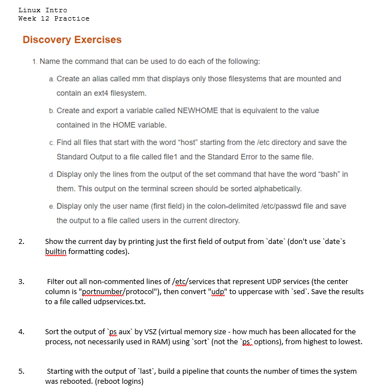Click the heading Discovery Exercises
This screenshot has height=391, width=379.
(72, 40)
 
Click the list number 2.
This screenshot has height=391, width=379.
(21, 242)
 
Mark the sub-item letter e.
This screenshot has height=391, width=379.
(51, 206)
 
